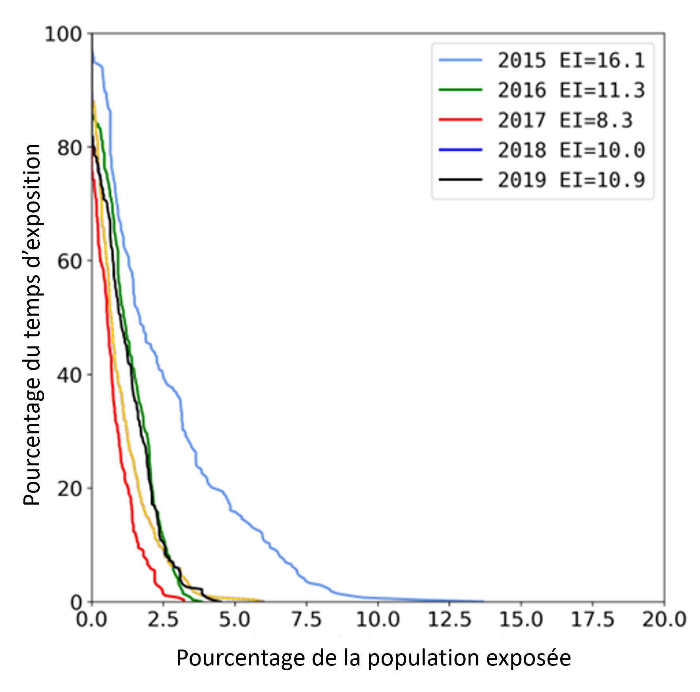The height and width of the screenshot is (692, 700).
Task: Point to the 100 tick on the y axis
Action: [63, 35]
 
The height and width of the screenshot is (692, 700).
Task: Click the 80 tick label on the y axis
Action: [69, 148]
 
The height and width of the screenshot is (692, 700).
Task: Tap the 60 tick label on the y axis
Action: [69, 261]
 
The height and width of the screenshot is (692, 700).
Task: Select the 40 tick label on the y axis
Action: [69, 375]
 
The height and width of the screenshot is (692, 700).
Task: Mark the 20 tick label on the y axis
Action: [69, 488]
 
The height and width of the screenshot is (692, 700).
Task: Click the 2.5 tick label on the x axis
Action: [163, 619]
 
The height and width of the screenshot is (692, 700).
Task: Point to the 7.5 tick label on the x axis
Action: [307, 619]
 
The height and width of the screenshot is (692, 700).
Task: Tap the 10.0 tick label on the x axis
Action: [378, 619]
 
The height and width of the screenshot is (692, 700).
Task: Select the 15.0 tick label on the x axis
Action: [521, 619]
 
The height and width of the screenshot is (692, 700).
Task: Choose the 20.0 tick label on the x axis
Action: [664, 619]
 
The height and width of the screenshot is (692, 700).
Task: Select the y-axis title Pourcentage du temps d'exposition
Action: [32, 325]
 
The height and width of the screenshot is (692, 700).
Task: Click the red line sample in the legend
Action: [461, 119]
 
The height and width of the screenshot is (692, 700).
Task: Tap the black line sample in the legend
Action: [461, 180]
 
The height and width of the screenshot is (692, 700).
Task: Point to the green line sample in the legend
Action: [461, 90]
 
